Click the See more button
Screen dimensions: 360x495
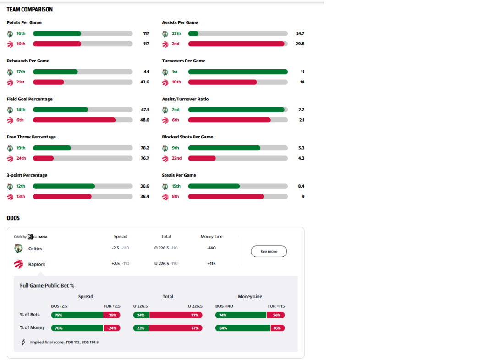(269, 251)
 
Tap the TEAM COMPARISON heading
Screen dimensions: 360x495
(29, 10)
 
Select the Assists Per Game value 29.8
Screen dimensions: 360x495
(300, 44)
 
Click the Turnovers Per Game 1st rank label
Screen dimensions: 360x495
(175, 72)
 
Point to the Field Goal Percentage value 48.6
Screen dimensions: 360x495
(144, 120)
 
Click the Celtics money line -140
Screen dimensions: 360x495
(211, 248)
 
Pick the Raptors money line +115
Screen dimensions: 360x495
(211, 264)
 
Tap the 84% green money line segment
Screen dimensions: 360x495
(242, 328)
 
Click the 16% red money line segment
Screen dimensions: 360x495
(277, 328)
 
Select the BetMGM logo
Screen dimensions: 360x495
(38, 237)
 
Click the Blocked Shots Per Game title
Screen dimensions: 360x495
(187, 137)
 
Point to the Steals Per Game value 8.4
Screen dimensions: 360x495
(301, 186)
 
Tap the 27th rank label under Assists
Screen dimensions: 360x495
(176, 33)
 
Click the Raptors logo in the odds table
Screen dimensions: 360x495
(18, 264)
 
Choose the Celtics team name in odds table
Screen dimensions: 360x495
(35, 249)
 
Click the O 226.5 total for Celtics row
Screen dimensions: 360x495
(162, 248)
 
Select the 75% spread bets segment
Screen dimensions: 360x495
(77, 315)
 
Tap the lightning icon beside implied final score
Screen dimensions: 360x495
(23, 342)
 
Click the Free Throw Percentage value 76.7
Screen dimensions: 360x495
(144, 158)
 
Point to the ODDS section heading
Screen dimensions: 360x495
(13, 218)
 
